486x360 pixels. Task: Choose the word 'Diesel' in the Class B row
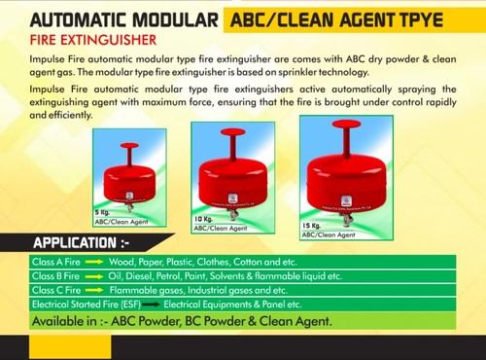[144, 276]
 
